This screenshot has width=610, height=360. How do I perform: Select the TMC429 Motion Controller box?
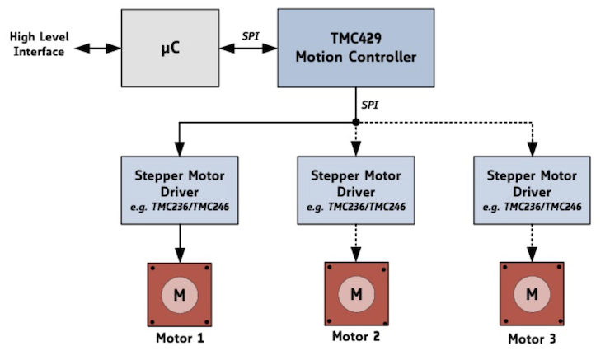click(355, 48)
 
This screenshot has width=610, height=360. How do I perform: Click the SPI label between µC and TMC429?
click(251, 35)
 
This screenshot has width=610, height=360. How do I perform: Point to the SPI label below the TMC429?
click(371, 106)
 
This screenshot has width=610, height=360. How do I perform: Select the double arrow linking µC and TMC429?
click(250, 49)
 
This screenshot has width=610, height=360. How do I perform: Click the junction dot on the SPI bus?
click(355, 122)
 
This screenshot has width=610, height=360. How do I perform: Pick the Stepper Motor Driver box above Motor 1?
click(180, 189)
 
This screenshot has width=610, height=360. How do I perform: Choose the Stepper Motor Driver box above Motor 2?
click(355, 189)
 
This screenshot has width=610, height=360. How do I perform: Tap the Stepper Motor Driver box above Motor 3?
click(533, 189)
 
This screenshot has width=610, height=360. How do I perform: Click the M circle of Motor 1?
click(180, 293)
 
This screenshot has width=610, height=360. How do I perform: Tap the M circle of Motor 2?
click(356, 293)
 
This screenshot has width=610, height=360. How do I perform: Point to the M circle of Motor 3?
click(533, 293)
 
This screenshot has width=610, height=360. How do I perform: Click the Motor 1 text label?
click(180, 338)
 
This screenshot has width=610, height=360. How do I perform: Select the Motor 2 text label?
click(356, 336)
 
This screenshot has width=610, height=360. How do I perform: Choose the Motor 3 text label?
click(533, 338)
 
